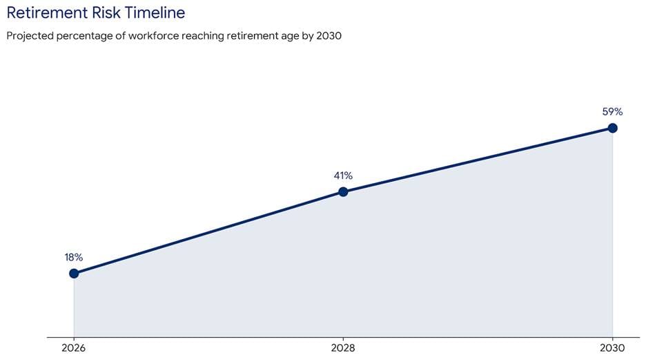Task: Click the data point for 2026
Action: pos(74,273)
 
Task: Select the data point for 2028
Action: pos(343,191)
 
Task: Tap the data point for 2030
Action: pos(612,128)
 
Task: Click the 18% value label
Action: pos(74,257)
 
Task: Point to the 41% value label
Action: pos(343,176)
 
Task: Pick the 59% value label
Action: pos(612,111)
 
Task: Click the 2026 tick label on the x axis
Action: pos(74,348)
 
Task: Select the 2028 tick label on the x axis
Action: pos(343,348)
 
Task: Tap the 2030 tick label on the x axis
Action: pos(612,348)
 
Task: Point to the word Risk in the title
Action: pos(109,12)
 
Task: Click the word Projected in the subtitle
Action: pos(29,36)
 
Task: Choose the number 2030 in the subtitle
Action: pos(329,36)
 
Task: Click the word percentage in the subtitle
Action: pos(84,36)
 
